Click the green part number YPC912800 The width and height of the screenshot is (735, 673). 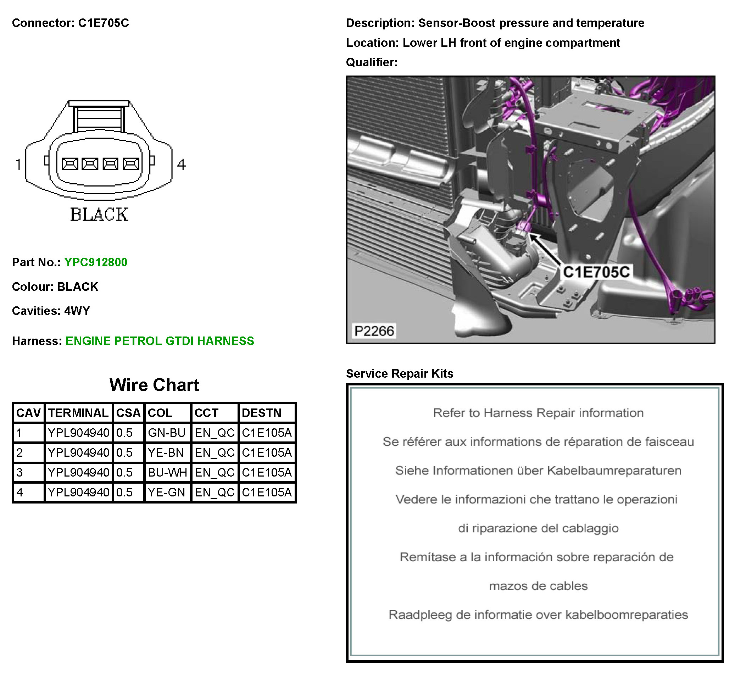[x=95, y=262]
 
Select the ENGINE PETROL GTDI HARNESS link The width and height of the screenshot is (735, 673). [x=160, y=341]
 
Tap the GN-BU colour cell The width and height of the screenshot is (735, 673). [x=167, y=433]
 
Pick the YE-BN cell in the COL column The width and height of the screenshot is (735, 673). [x=166, y=452]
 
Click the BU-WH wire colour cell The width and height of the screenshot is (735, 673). [x=167, y=473]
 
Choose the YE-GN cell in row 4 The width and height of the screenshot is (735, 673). [x=167, y=492]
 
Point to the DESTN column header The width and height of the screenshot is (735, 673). [x=261, y=413]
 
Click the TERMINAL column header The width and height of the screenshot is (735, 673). [x=78, y=413]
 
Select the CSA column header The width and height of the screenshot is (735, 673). [x=128, y=413]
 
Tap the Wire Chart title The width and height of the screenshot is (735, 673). [x=154, y=385]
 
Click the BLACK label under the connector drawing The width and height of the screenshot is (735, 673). [x=99, y=215]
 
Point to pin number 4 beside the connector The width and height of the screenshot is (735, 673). [x=181, y=165]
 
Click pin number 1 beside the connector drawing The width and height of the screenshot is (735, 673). [x=18, y=165]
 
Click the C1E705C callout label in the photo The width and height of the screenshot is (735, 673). [x=596, y=272]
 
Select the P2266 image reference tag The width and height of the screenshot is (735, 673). [x=374, y=331]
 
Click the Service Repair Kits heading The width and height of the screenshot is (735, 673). [x=400, y=373]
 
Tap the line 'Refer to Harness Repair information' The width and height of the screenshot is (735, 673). [x=538, y=413]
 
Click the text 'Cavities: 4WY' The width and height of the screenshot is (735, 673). [x=51, y=311]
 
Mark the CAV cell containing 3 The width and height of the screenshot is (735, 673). [x=20, y=473]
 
